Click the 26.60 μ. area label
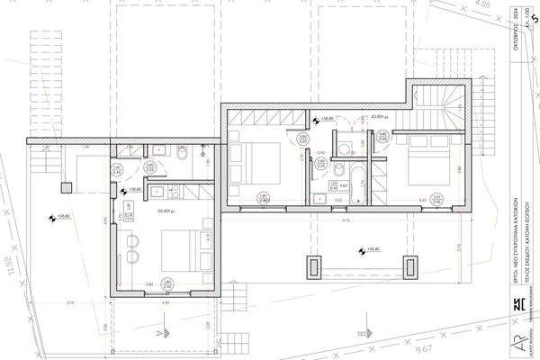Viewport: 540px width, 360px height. tap(164, 211)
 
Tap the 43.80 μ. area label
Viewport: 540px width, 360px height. tap(379, 117)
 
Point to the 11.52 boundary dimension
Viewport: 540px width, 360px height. tap(11, 270)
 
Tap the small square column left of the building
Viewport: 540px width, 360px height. tap(66, 187)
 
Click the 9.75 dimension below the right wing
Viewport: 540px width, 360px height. tap(346, 220)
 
